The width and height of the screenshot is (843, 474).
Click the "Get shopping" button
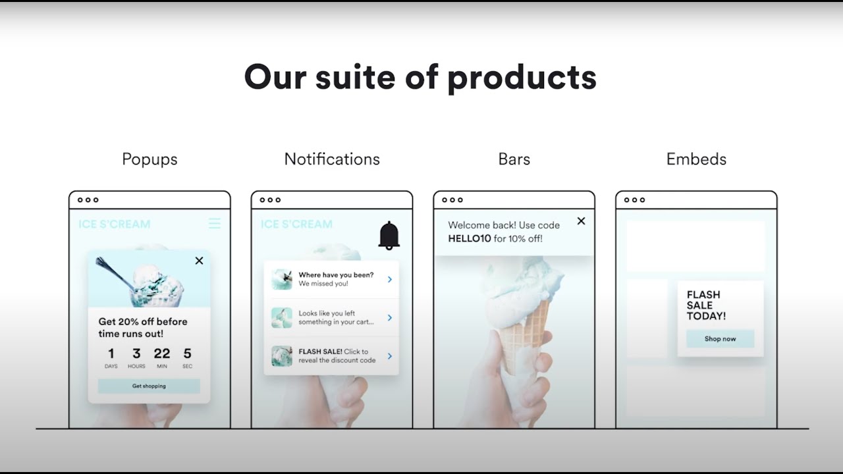[x=149, y=386]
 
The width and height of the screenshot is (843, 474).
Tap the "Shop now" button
[x=720, y=339]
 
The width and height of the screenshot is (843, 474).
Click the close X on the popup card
[x=199, y=261]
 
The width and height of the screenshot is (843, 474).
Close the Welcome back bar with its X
[x=581, y=221]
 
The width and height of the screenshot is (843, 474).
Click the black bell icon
[x=389, y=235]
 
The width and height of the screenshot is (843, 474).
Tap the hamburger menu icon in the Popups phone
[x=215, y=224]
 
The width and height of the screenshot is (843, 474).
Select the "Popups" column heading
[x=150, y=159]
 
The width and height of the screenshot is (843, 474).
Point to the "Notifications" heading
[x=332, y=159]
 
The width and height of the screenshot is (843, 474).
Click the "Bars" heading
[x=514, y=159]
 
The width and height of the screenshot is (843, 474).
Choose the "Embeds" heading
[x=696, y=159]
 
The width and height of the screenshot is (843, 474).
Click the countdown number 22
[x=162, y=354]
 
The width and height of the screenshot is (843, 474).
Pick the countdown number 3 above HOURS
[x=136, y=354]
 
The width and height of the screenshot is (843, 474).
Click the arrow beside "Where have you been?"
[x=390, y=279]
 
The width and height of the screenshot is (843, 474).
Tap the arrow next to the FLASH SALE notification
[x=390, y=356]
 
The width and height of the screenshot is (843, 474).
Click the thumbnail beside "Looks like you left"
[x=282, y=317]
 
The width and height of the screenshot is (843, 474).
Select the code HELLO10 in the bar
[x=470, y=238]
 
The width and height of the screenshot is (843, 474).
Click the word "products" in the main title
[x=522, y=78]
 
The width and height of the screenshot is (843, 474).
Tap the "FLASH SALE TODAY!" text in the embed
[x=706, y=305]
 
